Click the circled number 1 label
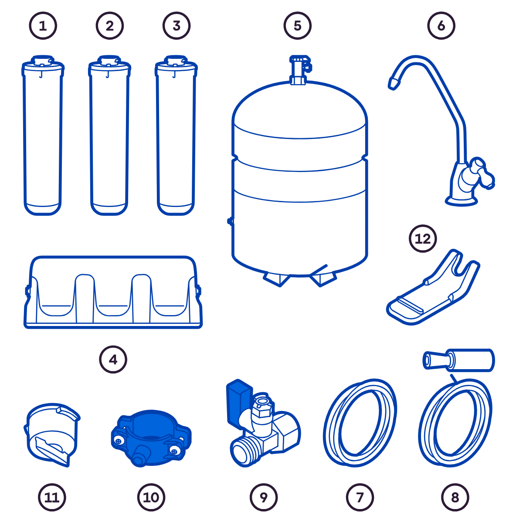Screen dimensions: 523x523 coord(43,26)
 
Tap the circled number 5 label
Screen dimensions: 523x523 coord(298,26)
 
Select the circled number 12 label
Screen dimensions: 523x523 coord(423,238)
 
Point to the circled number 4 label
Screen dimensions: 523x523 coord(113,359)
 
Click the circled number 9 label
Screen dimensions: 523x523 coord(264,497)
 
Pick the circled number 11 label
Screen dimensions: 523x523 coord(52,497)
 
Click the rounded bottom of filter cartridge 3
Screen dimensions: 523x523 coord(176,209)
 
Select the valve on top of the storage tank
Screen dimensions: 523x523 coord(300,69)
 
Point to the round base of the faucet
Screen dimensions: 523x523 coord(461,201)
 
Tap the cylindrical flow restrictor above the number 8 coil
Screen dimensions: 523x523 coord(458,360)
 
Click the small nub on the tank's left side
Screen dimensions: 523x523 coord(230,221)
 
